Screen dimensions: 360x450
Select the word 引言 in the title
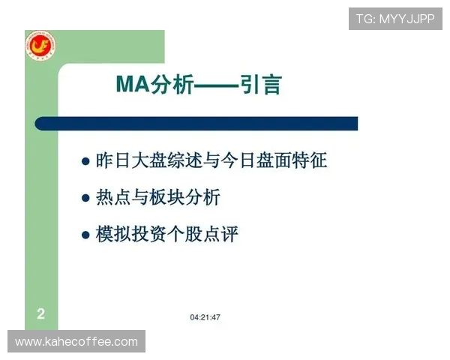click(x=261, y=85)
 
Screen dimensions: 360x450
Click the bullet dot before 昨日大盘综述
click(x=85, y=161)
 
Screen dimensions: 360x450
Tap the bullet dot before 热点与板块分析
click(x=85, y=199)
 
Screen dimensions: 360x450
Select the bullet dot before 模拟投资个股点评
click(x=85, y=235)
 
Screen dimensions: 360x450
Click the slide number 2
click(x=40, y=314)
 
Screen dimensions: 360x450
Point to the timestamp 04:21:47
click(x=205, y=317)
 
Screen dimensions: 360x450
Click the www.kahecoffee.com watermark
click(x=76, y=342)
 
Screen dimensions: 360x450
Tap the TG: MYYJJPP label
click(x=394, y=19)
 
